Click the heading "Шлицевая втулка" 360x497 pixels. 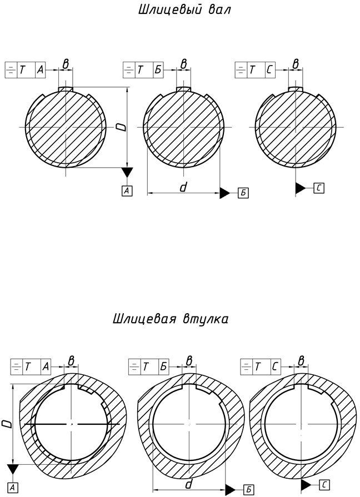pyautogui.click(x=170, y=319)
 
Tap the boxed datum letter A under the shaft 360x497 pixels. pyautogui.click(x=127, y=190)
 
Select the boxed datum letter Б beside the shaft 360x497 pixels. pyautogui.click(x=243, y=193)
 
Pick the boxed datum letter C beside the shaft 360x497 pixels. pyautogui.click(x=318, y=188)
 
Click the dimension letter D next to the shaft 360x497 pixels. pyautogui.click(x=122, y=127)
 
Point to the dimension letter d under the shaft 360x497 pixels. pyautogui.click(x=183, y=188)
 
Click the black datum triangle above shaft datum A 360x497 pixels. pyautogui.click(x=127, y=172)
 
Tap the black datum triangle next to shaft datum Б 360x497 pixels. pyautogui.click(x=224, y=193)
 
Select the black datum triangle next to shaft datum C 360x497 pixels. pyautogui.click(x=300, y=188)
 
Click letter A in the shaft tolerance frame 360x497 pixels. pyautogui.click(x=39, y=70)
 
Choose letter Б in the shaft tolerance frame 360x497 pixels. pyautogui.click(x=157, y=70)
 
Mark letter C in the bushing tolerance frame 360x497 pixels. pyautogui.click(x=276, y=366)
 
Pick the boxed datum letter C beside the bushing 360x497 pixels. pyautogui.click(x=325, y=485)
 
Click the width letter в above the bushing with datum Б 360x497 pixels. pyautogui.click(x=189, y=361)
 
